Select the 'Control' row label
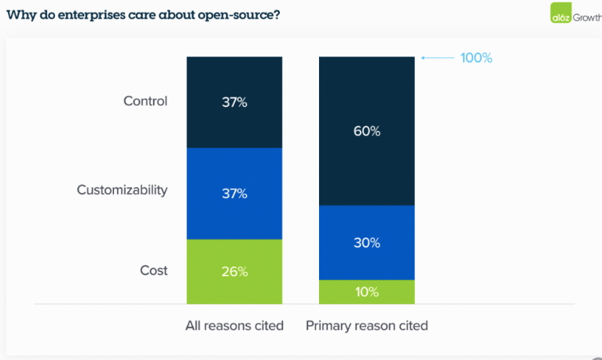pyautogui.click(x=145, y=101)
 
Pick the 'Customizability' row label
pyautogui.click(x=122, y=189)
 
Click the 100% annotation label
pyautogui.click(x=476, y=58)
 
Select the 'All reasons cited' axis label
pyautogui.click(x=234, y=325)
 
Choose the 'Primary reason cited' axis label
pyautogui.click(x=367, y=325)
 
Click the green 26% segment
pyautogui.click(x=234, y=283)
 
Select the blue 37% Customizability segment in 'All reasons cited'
pyautogui.click(x=234, y=212)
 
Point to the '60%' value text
pyautogui.click(x=366, y=131)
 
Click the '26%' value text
pyautogui.click(x=234, y=271)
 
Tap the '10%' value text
pyautogui.click(x=366, y=292)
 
